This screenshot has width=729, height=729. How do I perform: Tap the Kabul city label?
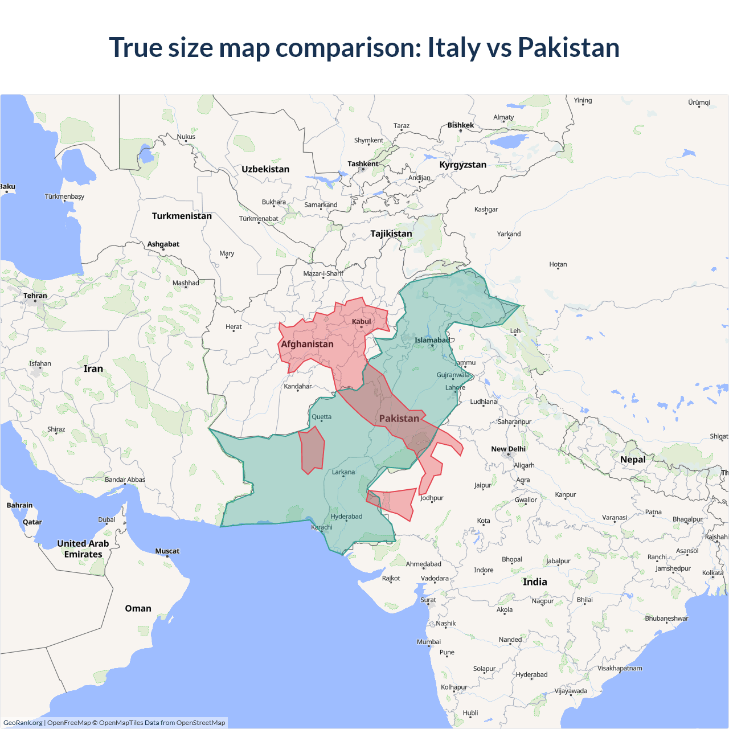[x=361, y=322]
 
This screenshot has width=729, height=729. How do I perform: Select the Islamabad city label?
[x=432, y=340]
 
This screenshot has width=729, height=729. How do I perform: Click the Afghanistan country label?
[x=307, y=344]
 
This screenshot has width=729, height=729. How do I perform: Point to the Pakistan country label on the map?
[x=399, y=419]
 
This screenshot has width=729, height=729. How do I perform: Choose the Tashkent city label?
[x=363, y=164]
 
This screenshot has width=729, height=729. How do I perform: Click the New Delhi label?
[x=508, y=449]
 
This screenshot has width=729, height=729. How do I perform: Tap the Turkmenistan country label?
[x=182, y=216]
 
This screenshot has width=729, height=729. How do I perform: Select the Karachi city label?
[x=322, y=527]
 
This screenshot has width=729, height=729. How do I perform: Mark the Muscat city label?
[x=167, y=551]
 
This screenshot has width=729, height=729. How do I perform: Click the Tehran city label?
[x=35, y=296]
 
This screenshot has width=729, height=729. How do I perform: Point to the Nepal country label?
[x=633, y=460]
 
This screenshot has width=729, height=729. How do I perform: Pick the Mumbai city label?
[x=428, y=642]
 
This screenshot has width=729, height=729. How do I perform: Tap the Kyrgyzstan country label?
[x=462, y=165]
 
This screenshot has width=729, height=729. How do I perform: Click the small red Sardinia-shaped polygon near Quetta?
[x=312, y=450]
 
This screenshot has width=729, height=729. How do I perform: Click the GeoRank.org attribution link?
[x=23, y=723]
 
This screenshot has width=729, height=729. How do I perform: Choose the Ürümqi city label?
[x=699, y=103]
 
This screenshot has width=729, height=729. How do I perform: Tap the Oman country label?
[x=138, y=608]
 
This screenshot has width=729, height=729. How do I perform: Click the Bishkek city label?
[x=460, y=125]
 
